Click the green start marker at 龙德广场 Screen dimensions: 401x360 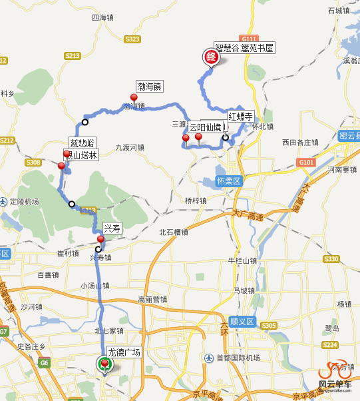[x=104, y=364]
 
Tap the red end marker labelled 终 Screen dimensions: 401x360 [x=211, y=58]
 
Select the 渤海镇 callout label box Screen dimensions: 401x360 [x=150, y=87]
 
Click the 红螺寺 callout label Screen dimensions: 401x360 [x=241, y=116]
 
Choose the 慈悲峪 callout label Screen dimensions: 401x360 [x=83, y=143]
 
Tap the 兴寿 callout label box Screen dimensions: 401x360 [x=112, y=228]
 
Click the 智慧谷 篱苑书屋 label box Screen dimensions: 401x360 [x=244, y=47]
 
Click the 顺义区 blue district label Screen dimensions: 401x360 [x=242, y=322]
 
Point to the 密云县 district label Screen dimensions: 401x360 [x=349, y=135]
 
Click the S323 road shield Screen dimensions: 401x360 [x=132, y=39]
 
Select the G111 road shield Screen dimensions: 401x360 [x=250, y=39]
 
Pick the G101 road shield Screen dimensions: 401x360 [x=306, y=162]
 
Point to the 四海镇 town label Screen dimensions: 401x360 [x=103, y=17]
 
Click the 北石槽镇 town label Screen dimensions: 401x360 [x=173, y=232]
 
